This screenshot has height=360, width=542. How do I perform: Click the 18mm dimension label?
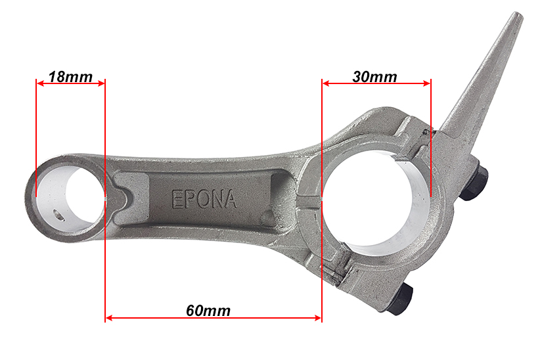pyautogui.click(x=70, y=77)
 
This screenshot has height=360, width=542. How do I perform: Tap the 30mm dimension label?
pyautogui.click(x=374, y=77)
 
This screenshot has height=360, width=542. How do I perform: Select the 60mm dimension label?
pyautogui.click(x=208, y=311)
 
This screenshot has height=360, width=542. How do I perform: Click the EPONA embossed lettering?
pyautogui.click(x=204, y=199)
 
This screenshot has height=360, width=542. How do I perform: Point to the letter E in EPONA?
pyautogui.click(x=177, y=199)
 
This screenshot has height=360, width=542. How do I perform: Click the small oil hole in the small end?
pyautogui.click(x=58, y=215)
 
